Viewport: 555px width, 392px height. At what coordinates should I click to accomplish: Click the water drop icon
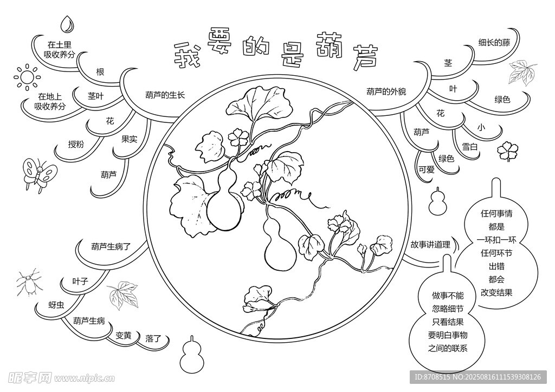coord(67,24)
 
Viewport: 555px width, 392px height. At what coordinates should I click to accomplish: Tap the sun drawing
coord(27,77)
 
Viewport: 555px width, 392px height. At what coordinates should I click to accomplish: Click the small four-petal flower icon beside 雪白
coord(507,151)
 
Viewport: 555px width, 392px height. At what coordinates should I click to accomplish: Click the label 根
coord(100,72)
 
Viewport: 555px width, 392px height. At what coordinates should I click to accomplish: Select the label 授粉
coord(76,144)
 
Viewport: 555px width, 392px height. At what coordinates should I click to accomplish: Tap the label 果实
coord(129,139)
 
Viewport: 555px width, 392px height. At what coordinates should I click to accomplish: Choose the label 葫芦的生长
coord(165,95)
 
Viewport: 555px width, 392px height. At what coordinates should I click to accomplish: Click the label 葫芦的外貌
coord(386,92)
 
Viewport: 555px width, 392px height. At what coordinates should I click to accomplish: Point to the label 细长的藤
coord(494,43)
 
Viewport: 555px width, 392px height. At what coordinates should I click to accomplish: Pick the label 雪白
coord(470,146)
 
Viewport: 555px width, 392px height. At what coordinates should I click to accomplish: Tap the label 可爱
coord(426,169)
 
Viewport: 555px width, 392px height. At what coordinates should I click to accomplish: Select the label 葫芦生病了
coord(111,246)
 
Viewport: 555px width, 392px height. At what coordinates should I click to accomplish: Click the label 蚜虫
coord(56,305)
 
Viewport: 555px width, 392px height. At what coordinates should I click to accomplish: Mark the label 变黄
coord(124,335)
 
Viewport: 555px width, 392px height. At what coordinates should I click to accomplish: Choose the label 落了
coord(153,338)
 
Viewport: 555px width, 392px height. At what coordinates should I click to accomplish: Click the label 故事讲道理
coord(430,244)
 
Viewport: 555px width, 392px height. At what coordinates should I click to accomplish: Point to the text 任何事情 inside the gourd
coord(496,213)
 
